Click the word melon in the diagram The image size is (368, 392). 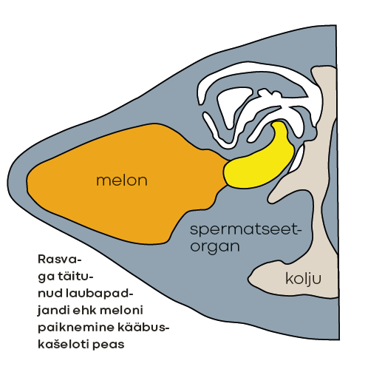point(122,180)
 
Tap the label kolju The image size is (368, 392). point(303,278)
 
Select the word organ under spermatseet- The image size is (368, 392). point(215,246)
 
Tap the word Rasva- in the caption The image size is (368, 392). point(60,260)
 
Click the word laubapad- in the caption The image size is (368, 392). point(100,293)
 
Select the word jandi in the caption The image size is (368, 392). point(53,311)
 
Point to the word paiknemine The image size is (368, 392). point(75,328)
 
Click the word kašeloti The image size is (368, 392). point(64,344)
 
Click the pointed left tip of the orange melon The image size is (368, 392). point(27,180)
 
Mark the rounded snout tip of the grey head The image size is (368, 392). point(7,182)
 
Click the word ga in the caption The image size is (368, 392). point(46,277)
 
